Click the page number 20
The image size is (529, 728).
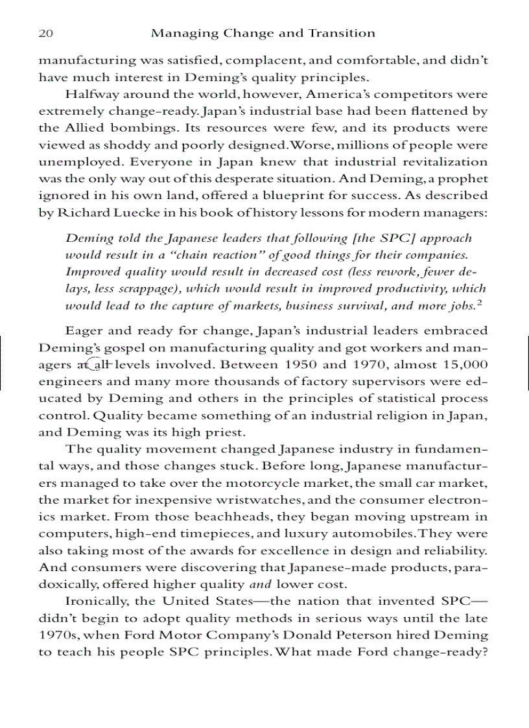click(x=45, y=33)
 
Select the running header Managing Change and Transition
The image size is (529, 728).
click(x=263, y=33)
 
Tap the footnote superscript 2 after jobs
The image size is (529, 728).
click(x=482, y=301)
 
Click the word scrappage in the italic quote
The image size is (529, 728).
click(x=139, y=288)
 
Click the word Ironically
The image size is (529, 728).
click(x=97, y=600)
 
